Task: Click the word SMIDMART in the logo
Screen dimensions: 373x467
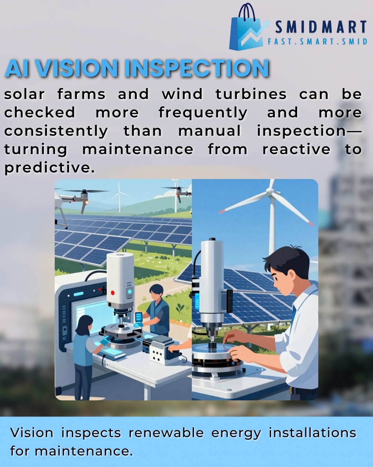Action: tap(321, 27)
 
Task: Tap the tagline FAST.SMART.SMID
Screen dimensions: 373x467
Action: tap(317, 41)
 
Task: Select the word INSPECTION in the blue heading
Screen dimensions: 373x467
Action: tap(196, 68)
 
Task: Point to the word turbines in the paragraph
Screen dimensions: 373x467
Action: tap(251, 94)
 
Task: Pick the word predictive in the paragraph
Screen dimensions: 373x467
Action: tap(50, 168)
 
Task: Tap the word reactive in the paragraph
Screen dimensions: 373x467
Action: tap(296, 149)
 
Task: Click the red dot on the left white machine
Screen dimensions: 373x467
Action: tap(113, 293)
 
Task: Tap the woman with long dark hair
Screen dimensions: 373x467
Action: tap(85, 354)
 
